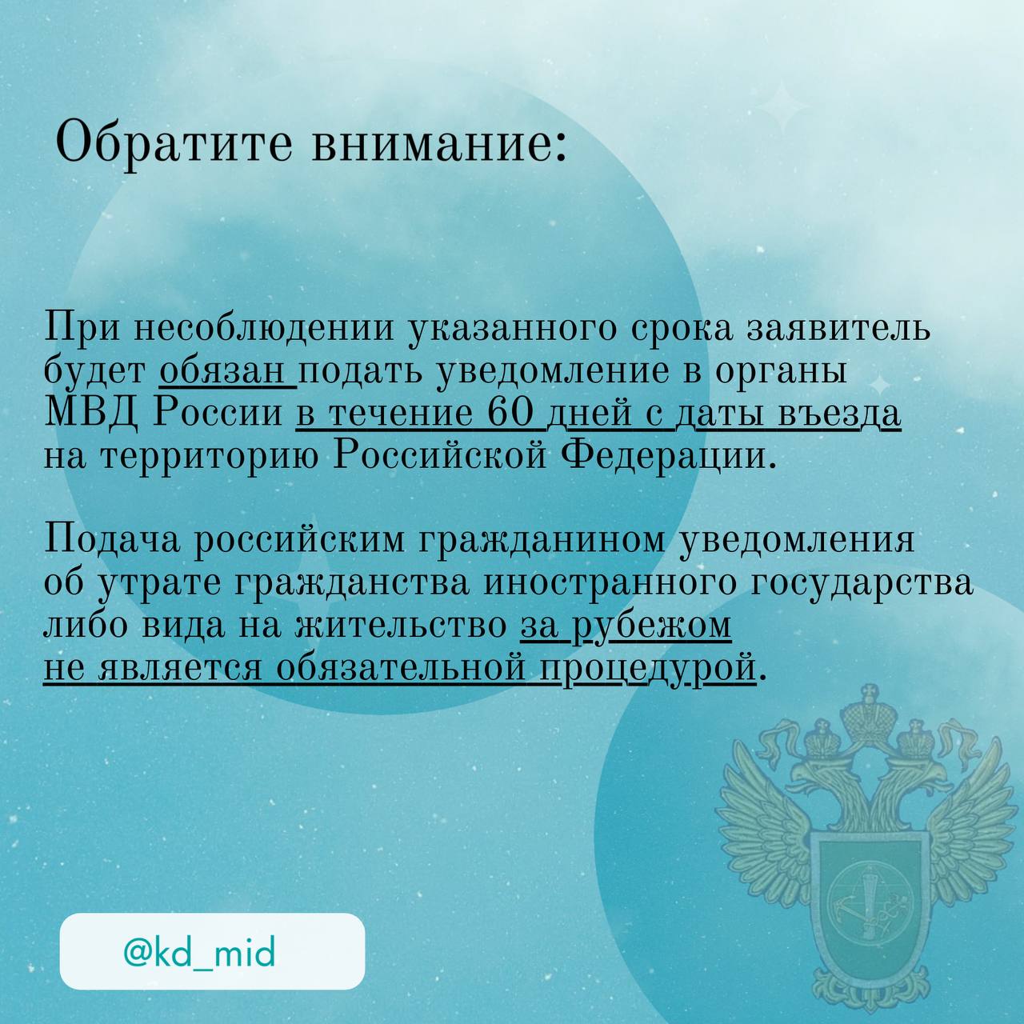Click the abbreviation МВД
click(91, 414)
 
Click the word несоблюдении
click(264, 330)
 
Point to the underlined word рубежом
click(654, 625)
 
